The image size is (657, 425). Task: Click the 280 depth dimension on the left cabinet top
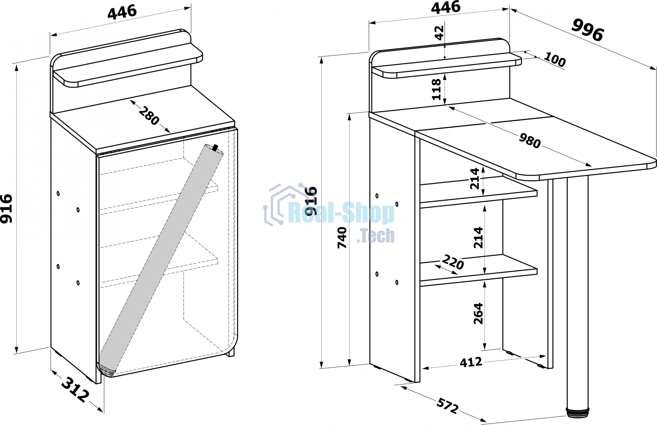click(149, 116)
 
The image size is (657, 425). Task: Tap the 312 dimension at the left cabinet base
click(75, 390)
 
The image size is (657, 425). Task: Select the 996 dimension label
click(588, 30)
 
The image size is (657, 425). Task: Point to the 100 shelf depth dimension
click(555, 59)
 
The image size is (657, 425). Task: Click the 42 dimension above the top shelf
click(439, 33)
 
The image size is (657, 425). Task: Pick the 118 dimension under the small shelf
click(436, 89)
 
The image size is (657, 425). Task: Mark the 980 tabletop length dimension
click(530, 141)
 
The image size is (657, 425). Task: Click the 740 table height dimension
click(342, 238)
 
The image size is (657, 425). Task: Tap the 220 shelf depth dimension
click(453, 262)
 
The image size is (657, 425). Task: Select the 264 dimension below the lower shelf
click(478, 314)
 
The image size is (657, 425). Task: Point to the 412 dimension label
click(471, 362)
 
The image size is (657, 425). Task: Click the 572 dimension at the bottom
click(447, 406)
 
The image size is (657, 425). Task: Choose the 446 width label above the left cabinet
click(122, 12)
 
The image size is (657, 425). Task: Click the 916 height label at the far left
click(7, 209)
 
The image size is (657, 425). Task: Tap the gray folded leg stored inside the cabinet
click(161, 260)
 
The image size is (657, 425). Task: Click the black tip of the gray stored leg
click(215, 147)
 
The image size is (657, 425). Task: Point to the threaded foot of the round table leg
click(578, 413)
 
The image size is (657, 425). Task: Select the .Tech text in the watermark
click(375, 235)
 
